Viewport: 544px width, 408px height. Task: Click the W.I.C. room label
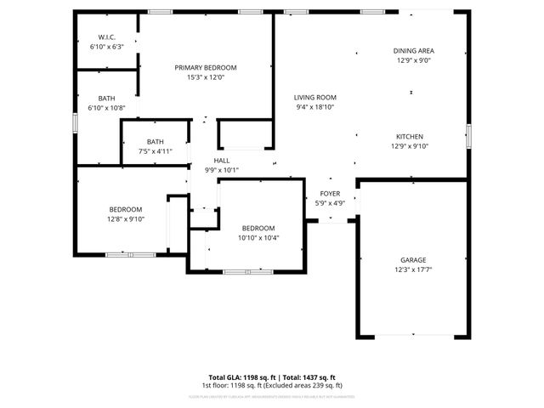[x=107, y=37]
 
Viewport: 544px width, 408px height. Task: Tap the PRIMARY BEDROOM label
[x=206, y=68]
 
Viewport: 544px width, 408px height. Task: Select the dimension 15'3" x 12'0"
[x=206, y=78]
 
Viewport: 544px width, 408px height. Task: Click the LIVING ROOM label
[x=315, y=98]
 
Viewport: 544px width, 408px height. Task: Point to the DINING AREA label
[x=414, y=51]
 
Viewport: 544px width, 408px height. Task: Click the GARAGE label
[x=414, y=260]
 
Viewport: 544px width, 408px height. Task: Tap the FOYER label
[x=330, y=194]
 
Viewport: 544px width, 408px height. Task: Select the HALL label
[x=222, y=160]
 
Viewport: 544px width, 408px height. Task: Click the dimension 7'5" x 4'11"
[x=156, y=151]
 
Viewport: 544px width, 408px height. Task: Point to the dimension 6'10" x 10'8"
[x=107, y=108]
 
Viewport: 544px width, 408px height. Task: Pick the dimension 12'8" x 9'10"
[x=126, y=219]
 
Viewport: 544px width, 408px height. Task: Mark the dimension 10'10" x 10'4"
[x=258, y=238]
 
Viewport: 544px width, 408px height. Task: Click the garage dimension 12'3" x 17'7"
[x=414, y=270]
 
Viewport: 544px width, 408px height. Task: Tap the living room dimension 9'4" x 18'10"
[x=315, y=108]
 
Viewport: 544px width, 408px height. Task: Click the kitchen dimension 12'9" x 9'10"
[x=410, y=146]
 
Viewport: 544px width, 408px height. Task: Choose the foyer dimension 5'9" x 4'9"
[x=330, y=203]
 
